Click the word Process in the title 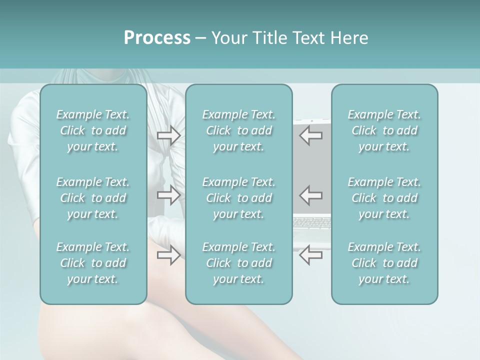[x=157, y=38]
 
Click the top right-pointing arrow [x=168, y=135]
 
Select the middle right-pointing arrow [x=168, y=195]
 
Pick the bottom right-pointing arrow [x=168, y=255]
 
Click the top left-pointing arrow [x=311, y=135]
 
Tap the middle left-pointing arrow [x=311, y=195]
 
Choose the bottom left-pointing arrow [x=311, y=255]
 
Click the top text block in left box [x=93, y=130]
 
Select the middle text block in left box [x=93, y=198]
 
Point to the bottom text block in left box [x=93, y=263]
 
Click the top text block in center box [x=238, y=130]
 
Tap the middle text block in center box [x=238, y=198]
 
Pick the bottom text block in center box [x=238, y=263]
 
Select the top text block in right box [x=384, y=130]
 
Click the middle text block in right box [x=384, y=198]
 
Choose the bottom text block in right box [x=384, y=263]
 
